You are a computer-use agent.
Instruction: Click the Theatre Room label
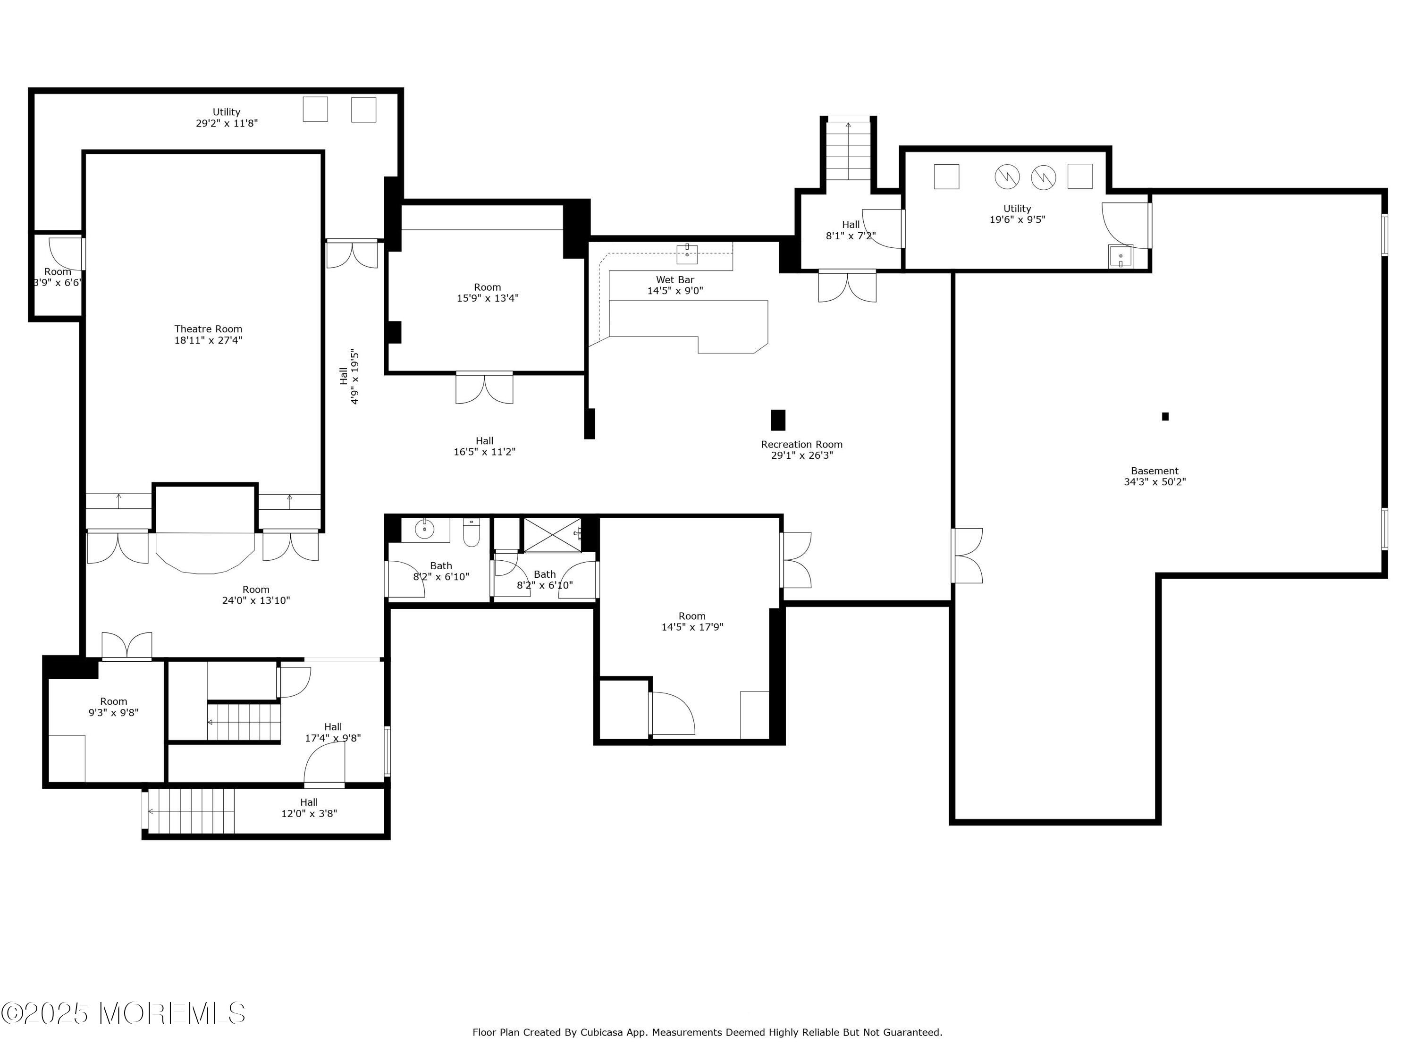(x=208, y=329)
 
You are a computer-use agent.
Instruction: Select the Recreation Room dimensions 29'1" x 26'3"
(x=801, y=456)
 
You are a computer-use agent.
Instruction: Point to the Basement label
(x=1155, y=471)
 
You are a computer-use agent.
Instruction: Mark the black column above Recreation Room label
(x=778, y=420)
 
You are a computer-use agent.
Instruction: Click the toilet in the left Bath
(x=471, y=532)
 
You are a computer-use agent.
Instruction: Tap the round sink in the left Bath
(x=424, y=530)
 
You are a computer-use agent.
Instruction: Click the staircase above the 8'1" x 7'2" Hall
(x=848, y=151)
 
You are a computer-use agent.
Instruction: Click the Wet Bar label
(x=674, y=280)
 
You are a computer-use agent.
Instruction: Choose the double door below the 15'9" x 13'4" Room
(x=485, y=388)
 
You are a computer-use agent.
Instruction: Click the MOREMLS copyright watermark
(x=123, y=1013)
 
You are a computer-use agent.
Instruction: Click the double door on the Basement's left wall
(x=967, y=556)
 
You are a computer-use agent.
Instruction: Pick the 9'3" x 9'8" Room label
(x=113, y=707)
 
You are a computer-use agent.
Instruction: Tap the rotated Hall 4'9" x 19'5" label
(x=350, y=376)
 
